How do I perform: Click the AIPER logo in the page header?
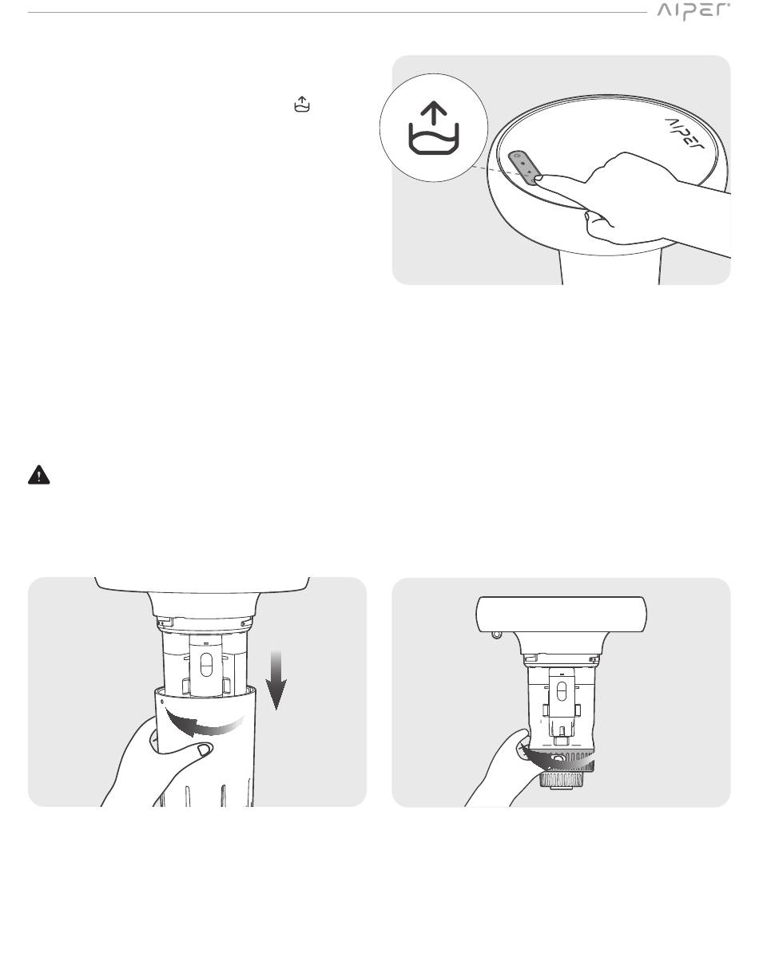[693, 11]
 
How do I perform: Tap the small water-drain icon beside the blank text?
[302, 104]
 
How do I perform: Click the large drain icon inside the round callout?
[434, 129]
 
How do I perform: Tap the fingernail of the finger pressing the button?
[538, 177]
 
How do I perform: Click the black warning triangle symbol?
[39, 475]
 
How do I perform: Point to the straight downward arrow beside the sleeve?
[276, 679]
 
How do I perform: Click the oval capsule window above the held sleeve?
[207, 664]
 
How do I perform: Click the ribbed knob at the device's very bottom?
[562, 780]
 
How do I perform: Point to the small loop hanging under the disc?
[497, 635]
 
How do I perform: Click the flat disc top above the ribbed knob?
[562, 614]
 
